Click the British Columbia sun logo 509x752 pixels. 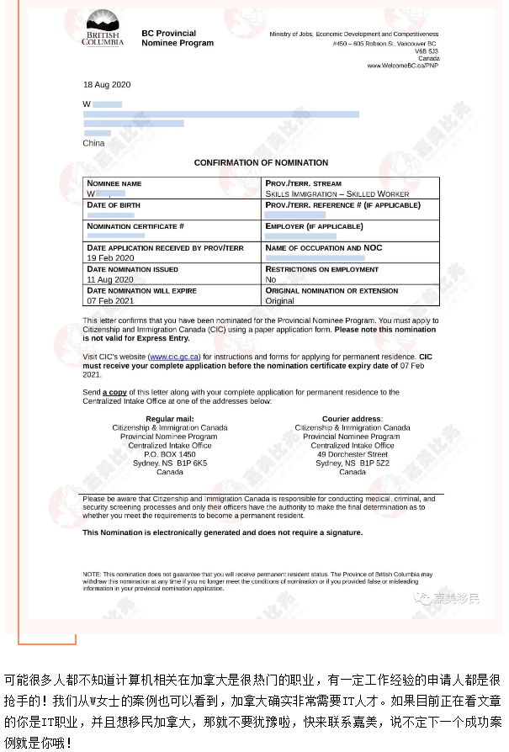102,24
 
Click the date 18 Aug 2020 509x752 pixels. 107,85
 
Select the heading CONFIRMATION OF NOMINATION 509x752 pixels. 261,162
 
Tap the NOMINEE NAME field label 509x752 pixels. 114,183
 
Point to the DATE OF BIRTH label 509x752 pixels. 113,204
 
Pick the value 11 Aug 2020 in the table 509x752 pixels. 110,279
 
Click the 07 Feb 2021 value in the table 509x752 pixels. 110,300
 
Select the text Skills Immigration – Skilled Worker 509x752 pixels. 337,193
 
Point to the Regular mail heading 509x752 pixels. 170,418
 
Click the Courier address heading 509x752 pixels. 352,418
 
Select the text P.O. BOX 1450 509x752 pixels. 169,454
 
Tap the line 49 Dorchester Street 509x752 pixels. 352,454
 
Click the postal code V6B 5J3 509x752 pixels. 428,50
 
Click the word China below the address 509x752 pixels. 93,143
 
